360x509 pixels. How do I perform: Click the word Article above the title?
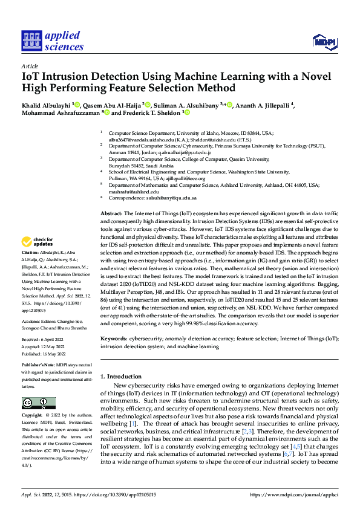[x=30, y=66]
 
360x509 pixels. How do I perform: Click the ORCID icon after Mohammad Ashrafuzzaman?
[x=106, y=112]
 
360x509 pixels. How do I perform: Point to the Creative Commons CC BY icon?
[x=38, y=403]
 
